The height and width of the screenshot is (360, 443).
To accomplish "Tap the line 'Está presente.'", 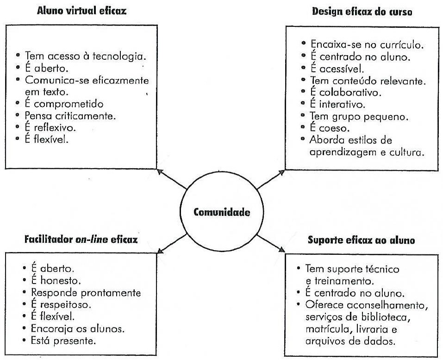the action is click(x=61, y=341).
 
